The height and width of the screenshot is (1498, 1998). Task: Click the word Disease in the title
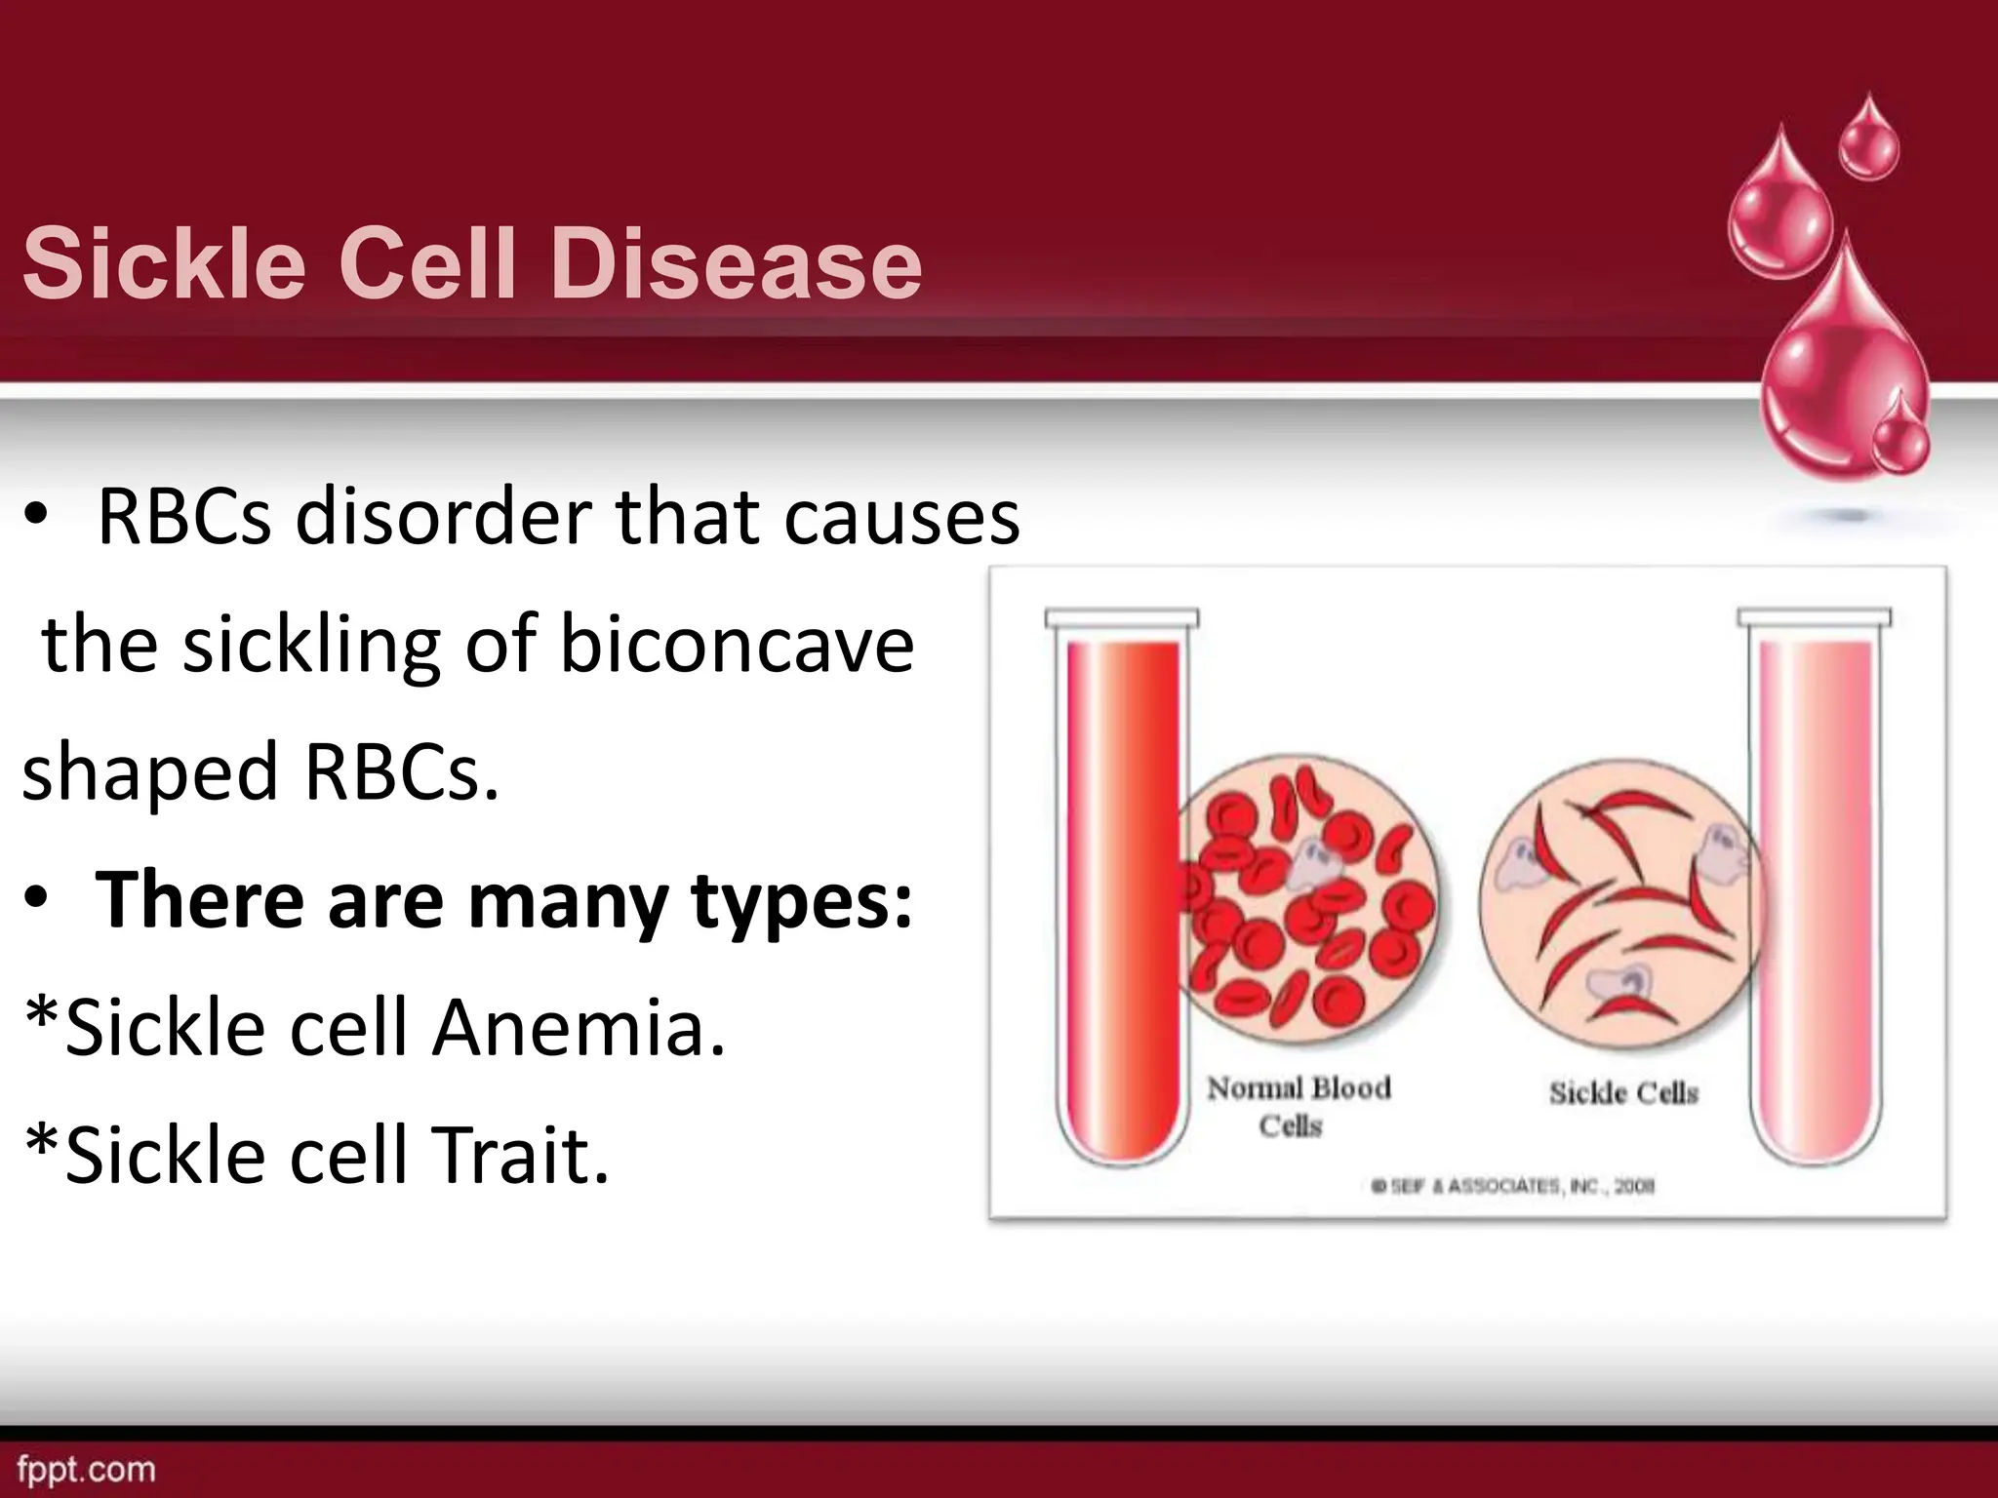736,264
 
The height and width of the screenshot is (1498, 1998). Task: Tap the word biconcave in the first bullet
737,645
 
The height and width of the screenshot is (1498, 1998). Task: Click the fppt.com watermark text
86,1469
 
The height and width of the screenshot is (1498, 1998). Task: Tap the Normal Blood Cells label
1298,1106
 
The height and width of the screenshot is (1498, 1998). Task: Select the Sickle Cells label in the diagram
1623,1092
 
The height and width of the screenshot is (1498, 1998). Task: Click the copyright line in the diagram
1513,1187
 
